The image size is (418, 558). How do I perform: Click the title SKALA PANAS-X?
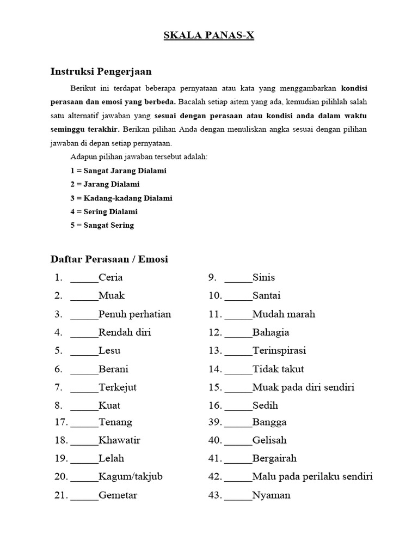coord(210,37)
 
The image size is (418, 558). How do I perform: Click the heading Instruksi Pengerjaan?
coord(101,71)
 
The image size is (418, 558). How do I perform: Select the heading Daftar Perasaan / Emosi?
coord(109,259)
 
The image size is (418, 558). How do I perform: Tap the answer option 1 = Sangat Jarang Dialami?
coord(118,171)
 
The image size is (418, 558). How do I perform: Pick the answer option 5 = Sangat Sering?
coord(102,225)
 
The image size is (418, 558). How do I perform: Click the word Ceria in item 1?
coord(110,277)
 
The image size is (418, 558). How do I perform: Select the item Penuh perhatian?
coord(134,314)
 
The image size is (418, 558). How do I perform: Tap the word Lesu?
coord(109,350)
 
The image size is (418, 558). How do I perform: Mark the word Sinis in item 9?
coord(263,277)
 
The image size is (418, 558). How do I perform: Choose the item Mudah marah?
coord(284,314)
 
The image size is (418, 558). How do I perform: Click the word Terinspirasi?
coord(279,350)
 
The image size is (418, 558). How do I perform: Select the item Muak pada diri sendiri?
coord(303,387)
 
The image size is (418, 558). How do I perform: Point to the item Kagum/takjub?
coord(131,477)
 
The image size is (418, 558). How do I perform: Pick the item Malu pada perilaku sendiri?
coord(312,477)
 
